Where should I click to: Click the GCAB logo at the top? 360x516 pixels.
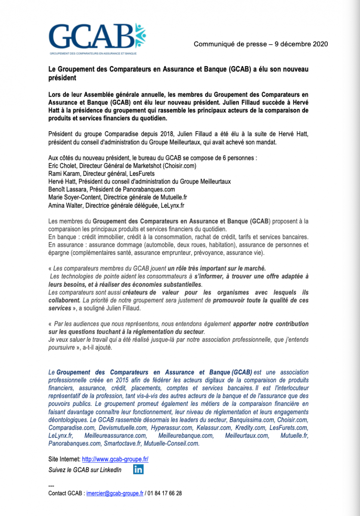click(x=97, y=38)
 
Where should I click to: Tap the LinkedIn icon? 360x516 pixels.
click(x=138, y=469)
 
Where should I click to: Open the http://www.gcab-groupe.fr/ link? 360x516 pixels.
click(x=115, y=459)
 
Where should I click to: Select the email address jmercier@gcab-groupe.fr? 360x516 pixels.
click(x=115, y=494)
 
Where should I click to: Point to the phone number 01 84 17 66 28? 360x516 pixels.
click(x=165, y=494)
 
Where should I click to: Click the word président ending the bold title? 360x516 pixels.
click(x=62, y=78)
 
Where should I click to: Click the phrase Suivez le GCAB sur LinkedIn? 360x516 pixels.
click(x=85, y=470)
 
